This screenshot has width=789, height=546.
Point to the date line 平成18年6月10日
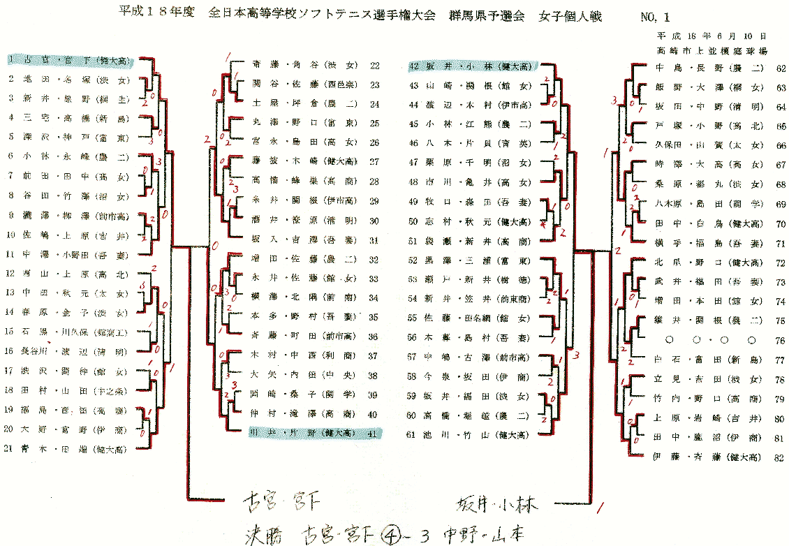[711, 35]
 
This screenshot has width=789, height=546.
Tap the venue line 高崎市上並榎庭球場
[711, 51]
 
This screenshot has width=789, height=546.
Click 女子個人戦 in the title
[570, 15]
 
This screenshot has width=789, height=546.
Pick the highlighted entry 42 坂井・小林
[471, 67]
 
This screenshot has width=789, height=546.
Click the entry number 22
[375, 66]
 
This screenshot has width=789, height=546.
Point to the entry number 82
[780, 458]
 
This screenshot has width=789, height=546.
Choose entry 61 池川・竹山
[470, 435]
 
